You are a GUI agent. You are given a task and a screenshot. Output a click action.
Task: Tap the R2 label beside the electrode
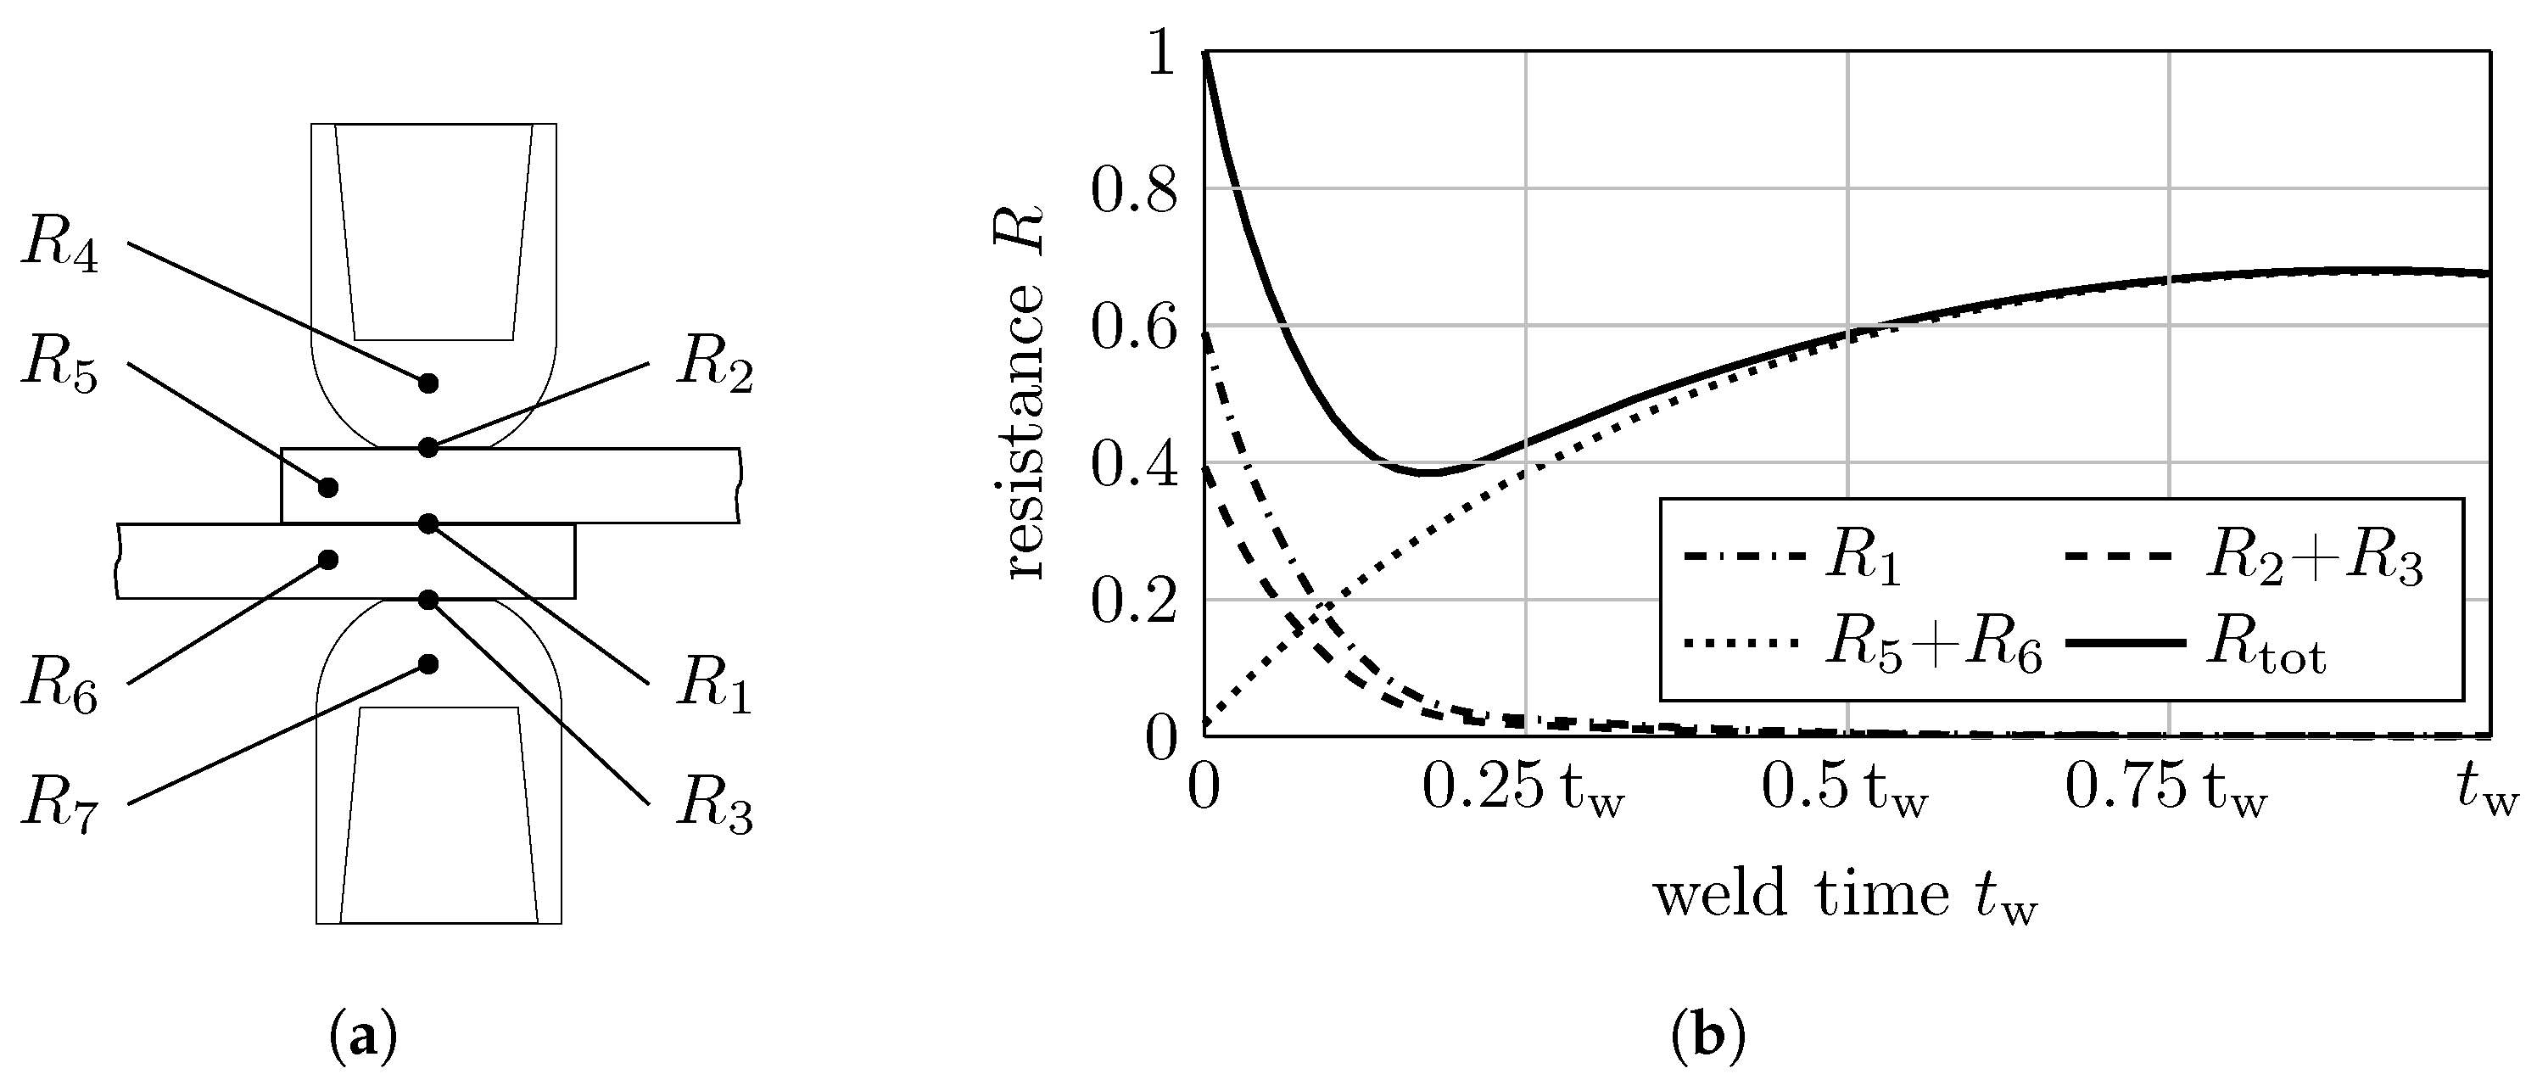[x=714, y=366]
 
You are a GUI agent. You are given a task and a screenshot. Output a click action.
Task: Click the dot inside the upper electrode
[x=427, y=383]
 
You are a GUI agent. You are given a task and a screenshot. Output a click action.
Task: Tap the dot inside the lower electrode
[x=427, y=664]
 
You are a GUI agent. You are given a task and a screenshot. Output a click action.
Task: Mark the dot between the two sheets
[x=427, y=523]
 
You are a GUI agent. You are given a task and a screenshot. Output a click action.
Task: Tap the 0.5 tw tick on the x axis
[x=1844, y=791]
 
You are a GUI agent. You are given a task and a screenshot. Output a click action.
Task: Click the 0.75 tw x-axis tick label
[x=2165, y=791]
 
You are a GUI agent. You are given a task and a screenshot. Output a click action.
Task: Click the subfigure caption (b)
[x=1707, y=1037]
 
